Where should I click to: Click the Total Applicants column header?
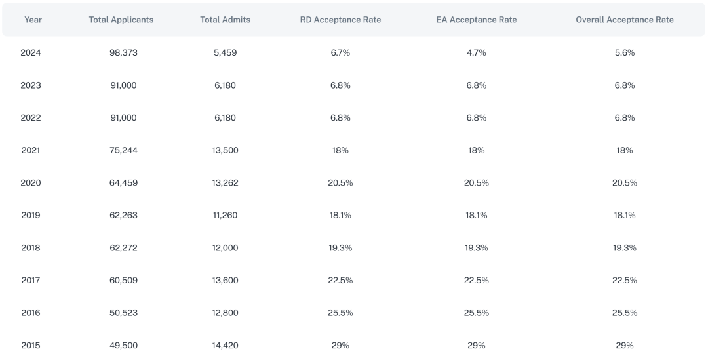121,20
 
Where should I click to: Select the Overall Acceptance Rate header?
624,20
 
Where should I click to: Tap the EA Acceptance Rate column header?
476,20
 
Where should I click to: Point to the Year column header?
33,20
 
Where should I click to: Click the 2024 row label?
31,52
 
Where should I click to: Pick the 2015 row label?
31,345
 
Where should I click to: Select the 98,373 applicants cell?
123,52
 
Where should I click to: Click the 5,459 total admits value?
225,52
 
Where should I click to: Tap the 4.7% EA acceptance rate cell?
476,52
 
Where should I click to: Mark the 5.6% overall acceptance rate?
624,52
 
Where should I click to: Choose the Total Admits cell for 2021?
225,150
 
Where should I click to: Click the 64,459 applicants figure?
123,182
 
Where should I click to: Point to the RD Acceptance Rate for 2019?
340,215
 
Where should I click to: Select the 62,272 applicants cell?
123,248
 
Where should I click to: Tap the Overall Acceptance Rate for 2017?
624,280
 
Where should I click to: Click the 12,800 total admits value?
225,313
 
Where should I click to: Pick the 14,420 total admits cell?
225,345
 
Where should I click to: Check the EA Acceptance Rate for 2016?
476,313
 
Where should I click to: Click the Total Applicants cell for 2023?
123,85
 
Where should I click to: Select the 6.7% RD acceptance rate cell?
340,52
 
